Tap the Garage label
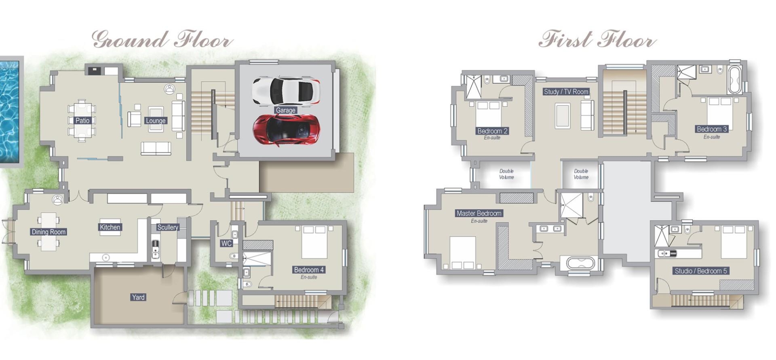[285, 110]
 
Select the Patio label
[82, 120]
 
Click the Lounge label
[156, 121]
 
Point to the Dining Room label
[48, 232]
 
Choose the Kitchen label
[110, 227]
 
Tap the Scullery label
[168, 227]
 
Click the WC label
[226, 243]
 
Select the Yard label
[138, 297]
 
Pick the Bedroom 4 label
[309, 270]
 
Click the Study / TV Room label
[566, 92]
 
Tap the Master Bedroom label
[479, 213]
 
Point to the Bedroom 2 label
[492, 131]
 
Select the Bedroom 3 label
[712, 129]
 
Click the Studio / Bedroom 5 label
[701, 271]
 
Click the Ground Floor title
[162, 40]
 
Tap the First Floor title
[597, 40]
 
